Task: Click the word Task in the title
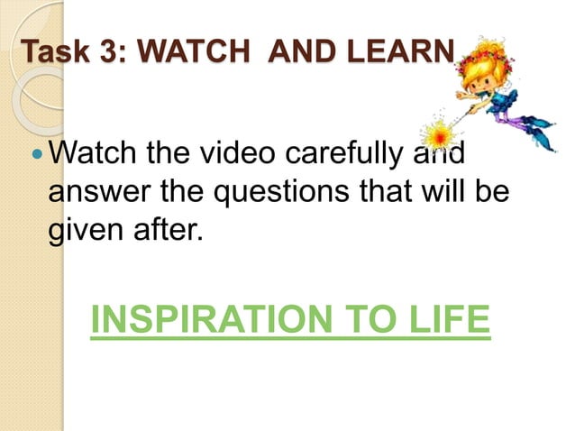pyautogui.click(x=55, y=51)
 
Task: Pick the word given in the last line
pyautogui.click(x=84, y=225)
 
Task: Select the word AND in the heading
pyautogui.click(x=289, y=51)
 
